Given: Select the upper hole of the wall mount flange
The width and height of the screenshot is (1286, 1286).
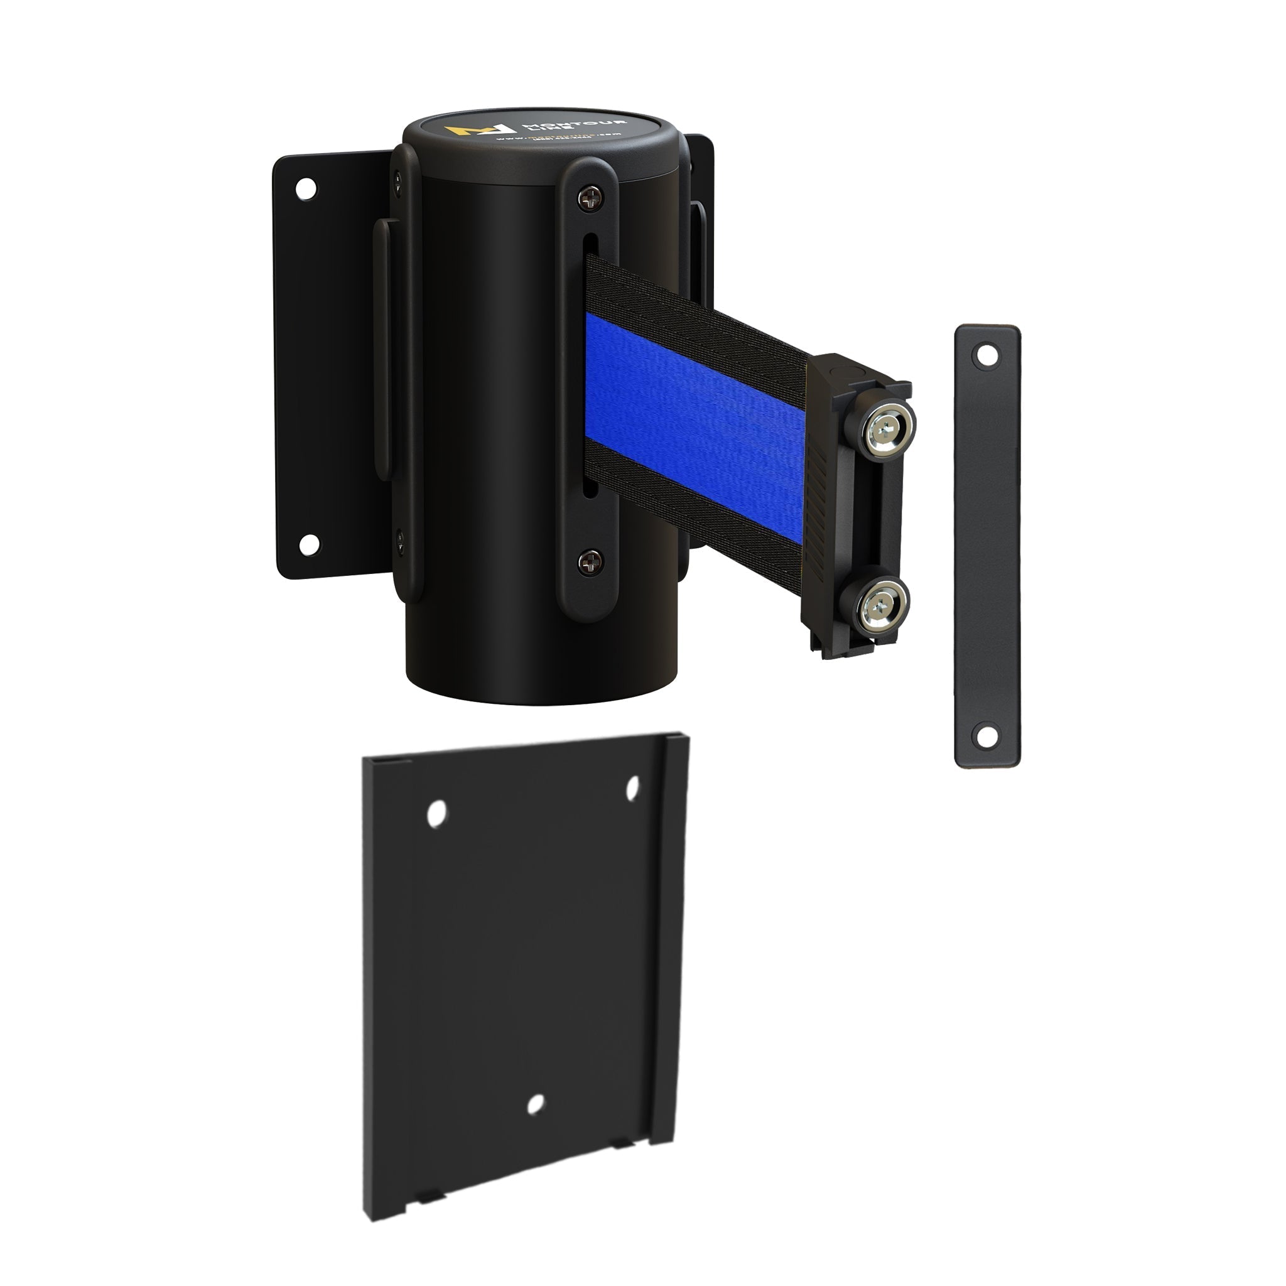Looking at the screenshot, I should click(x=306, y=188).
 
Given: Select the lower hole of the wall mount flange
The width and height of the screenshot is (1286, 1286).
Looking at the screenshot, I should click(x=309, y=544).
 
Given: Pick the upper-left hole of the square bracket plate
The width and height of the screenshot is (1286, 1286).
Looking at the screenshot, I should click(x=436, y=813).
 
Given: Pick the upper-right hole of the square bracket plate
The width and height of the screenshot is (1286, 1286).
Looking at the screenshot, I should click(x=632, y=787).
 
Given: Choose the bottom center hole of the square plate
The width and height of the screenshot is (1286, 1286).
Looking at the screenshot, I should click(x=535, y=1105).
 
